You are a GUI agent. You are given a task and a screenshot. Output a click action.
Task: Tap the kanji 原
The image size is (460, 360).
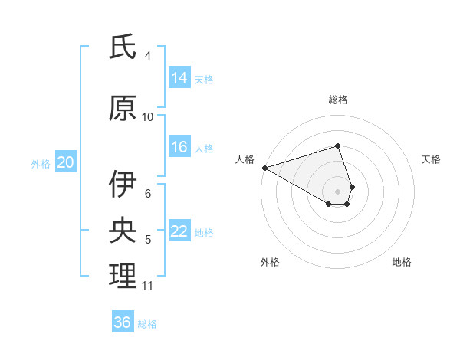(x=123, y=108)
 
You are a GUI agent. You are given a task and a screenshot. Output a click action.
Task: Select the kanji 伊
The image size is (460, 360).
(x=123, y=185)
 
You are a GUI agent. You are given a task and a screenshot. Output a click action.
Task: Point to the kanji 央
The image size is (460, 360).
(x=123, y=231)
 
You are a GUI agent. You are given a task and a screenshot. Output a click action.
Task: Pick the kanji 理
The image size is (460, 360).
(x=123, y=277)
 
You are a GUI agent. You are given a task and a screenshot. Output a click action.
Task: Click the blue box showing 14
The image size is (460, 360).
(x=179, y=78)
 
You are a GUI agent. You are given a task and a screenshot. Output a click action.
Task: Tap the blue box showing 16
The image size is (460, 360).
(x=179, y=147)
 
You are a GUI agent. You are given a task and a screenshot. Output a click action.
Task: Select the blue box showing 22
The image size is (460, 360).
(x=179, y=231)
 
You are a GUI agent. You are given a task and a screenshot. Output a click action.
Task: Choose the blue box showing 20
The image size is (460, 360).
(x=66, y=162)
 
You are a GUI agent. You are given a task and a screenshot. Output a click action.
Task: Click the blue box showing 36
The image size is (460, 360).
(x=123, y=322)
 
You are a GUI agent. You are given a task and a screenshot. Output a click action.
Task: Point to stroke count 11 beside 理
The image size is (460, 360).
(x=147, y=286)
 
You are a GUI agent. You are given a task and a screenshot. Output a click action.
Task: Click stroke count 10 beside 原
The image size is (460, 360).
(x=148, y=117)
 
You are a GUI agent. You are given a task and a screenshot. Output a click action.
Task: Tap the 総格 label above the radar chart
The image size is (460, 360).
(x=337, y=100)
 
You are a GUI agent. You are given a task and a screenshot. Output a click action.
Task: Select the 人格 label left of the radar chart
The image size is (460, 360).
(x=245, y=159)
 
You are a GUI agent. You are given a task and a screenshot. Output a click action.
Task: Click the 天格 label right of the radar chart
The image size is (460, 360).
(x=431, y=159)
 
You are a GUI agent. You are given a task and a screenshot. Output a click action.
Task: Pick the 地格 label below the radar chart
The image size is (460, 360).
(x=402, y=262)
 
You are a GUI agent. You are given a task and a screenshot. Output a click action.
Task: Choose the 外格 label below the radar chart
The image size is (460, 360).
(x=270, y=262)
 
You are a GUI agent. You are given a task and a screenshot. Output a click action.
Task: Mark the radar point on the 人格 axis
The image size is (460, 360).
(x=264, y=168)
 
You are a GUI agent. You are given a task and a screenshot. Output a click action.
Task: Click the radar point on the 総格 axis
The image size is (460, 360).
(x=337, y=146)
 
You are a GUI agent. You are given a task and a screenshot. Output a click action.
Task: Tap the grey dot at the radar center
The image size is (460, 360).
(x=337, y=191)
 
